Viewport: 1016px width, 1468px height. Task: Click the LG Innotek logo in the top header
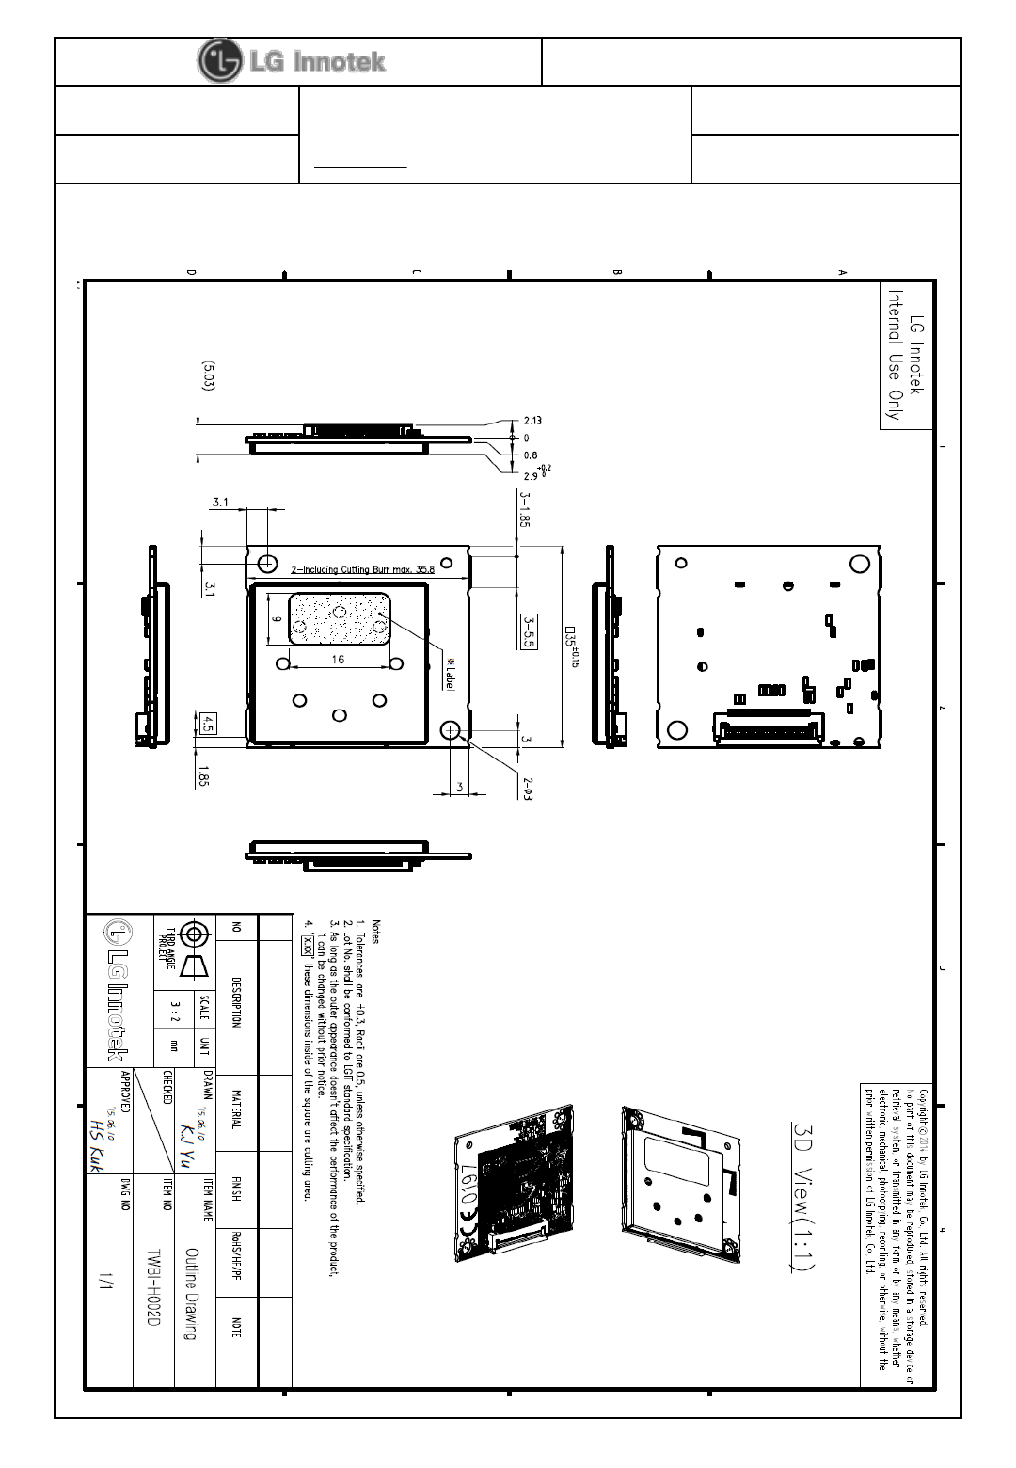293,61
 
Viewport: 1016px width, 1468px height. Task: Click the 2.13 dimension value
532,421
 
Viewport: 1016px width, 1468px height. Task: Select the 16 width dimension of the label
338,659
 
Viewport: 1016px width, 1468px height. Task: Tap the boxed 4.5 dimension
209,723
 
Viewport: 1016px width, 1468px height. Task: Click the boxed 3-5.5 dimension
529,632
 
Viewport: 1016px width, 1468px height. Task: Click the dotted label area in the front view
339,618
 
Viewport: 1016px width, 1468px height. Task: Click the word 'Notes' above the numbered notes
376,932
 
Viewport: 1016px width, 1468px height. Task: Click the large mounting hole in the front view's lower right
450,730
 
